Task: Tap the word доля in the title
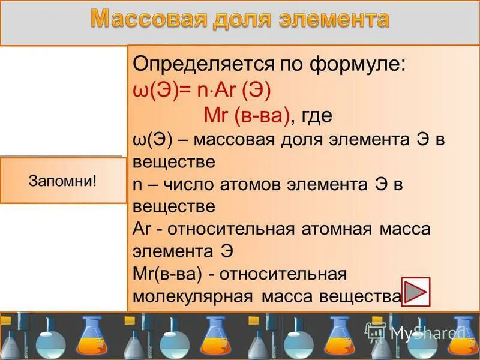[x=238, y=20]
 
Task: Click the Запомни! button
[x=63, y=181]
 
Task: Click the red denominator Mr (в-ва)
[x=246, y=115]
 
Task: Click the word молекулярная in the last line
[x=194, y=296]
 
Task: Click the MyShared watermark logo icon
[x=376, y=331]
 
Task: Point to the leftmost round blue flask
[x=50, y=339]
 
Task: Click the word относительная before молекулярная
[x=283, y=274]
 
